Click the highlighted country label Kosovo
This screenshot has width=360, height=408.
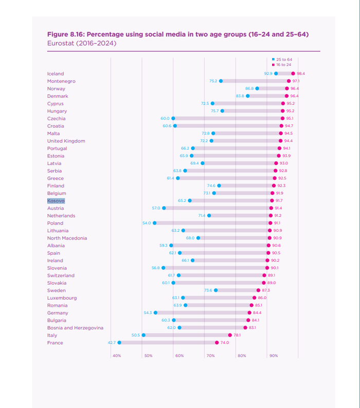[x=56, y=200]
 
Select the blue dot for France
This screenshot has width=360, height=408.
[x=119, y=343]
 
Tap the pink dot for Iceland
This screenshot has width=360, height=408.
[x=293, y=73]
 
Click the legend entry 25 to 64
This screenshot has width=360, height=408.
[x=284, y=60]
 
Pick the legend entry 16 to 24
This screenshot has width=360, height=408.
[x=283, y=65]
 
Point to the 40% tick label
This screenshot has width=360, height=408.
[x=117, y=356]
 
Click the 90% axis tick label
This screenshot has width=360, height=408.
[x=274, y=356]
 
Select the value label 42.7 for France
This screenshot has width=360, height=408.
[x=112, y=343]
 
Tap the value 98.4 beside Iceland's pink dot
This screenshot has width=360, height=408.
[x=301, y=73]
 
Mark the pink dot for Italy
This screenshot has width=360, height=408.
[x=230, y=335]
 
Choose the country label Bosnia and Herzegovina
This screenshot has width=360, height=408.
[x=75, y=328]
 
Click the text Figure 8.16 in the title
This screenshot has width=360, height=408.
[x=66, y=34]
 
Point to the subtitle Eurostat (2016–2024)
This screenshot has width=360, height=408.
[x=82, y=43]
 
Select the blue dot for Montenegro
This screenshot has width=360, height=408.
[x=221, y=81]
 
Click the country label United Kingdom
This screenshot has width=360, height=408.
[x=66, y=141]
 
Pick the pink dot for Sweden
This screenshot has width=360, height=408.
[x=259, y=290]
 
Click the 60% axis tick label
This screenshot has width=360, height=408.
[x=179, y=356]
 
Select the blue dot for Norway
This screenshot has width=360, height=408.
[x=257, y=88]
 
